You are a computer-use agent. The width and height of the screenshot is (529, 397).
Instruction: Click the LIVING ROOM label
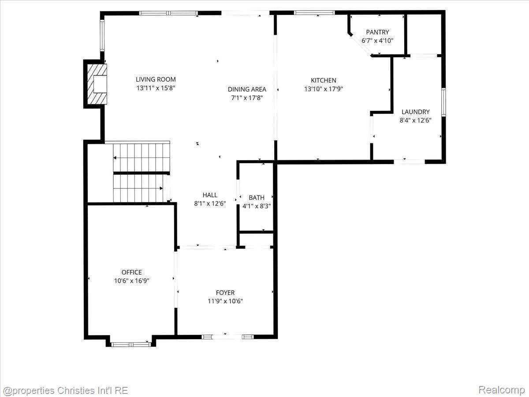(x=156, y=79)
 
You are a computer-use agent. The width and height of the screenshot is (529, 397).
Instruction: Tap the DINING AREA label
(x=247, y=89)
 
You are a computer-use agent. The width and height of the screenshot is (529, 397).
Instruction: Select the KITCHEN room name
(x=324, y=80)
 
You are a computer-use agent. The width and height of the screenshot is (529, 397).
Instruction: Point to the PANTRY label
(x=377, y=32)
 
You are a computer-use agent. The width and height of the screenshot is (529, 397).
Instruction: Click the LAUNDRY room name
(x=415, y=112)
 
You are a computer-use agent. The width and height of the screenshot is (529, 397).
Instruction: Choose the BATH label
(x=257, y=198)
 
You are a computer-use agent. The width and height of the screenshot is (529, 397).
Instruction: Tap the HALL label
(x=210, y=195)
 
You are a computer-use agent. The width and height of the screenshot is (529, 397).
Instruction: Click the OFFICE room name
(x=132, y=272)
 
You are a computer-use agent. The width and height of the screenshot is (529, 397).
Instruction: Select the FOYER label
(x=225, y=292)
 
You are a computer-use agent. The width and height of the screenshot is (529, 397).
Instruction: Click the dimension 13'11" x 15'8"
(x=156, y=88)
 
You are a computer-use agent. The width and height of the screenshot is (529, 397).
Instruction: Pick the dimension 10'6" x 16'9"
(x=132, y=280)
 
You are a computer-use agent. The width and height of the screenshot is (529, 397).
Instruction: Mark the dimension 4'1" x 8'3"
(x=257, y=206)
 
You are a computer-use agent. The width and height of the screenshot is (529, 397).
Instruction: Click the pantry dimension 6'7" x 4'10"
(x=377, y=41)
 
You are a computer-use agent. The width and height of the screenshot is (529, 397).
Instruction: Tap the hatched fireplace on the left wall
(x=97, y=84)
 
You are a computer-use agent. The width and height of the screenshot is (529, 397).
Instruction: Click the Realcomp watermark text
(x=501, y=390)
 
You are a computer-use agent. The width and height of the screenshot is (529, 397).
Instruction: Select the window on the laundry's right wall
(x=443, y=102)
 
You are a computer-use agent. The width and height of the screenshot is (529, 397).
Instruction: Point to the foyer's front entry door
(x=228, y=337)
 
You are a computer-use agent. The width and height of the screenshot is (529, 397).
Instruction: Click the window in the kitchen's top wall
(x=314, y=12)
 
